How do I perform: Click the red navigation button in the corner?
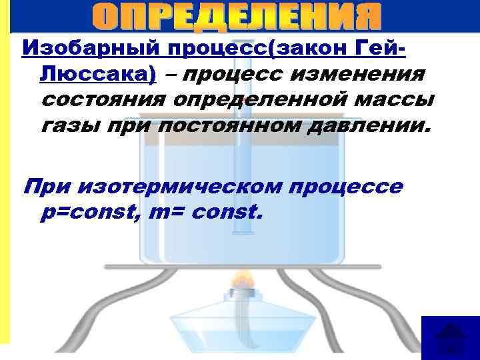[x=451, y=337]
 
